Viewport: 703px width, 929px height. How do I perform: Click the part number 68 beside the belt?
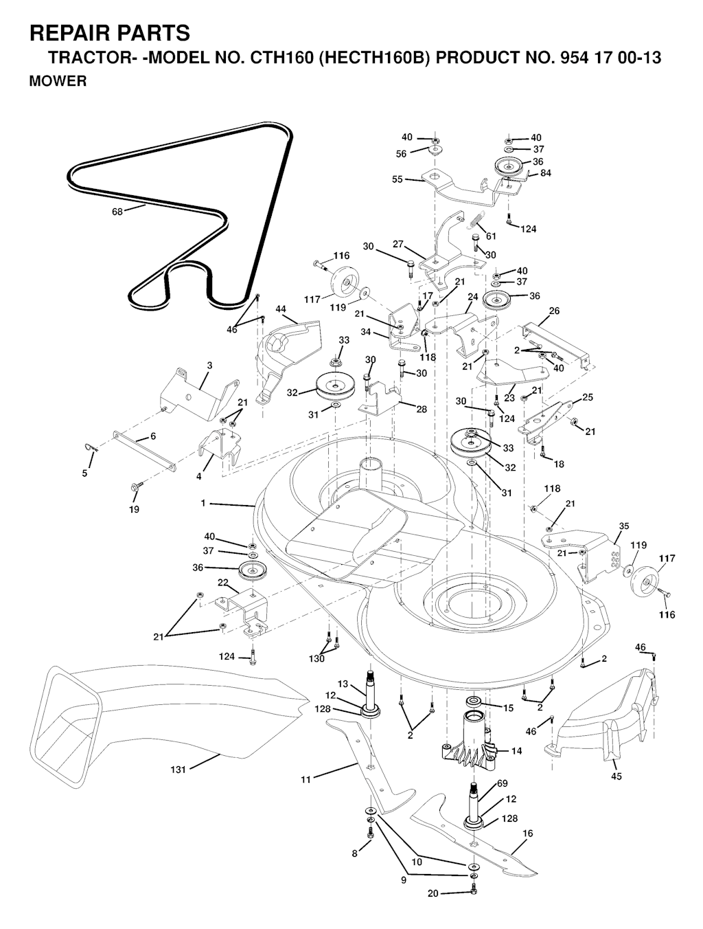coord(117,212)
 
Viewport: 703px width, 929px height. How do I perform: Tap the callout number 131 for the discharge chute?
coord(178,770)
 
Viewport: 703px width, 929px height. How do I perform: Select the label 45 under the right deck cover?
coord(616,776)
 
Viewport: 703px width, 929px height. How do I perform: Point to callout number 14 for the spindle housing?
coord(516,751)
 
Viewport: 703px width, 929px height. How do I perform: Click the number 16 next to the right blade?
coord(527,833)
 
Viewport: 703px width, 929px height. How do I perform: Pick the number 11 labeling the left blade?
coord(306,779)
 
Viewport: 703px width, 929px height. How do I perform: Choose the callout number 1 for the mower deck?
coord(203,504)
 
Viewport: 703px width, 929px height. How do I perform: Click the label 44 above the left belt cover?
coord(281,309)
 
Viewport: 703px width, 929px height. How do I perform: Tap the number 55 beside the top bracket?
coord(397,179)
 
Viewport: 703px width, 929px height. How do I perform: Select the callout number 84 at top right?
coord(545,173)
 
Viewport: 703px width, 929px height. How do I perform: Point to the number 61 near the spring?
coord(491,236)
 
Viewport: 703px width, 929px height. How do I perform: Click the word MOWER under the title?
coord(58,82)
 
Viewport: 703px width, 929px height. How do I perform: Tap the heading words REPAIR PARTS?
coord(110,32)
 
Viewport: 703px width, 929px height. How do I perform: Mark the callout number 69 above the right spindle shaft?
coord(502,783)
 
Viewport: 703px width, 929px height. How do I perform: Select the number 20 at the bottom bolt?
coord(432,893)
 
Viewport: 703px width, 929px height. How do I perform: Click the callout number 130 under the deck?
coord(316,659)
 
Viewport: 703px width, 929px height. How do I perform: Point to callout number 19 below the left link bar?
coord(134,509)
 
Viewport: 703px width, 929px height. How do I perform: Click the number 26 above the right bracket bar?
coord(554,311)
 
